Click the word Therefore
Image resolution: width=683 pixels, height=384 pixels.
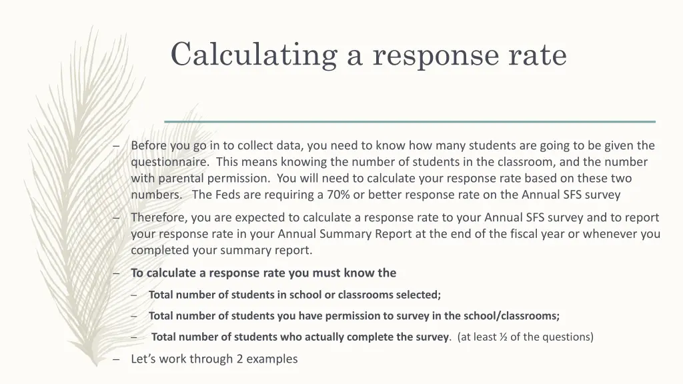click(158, 217)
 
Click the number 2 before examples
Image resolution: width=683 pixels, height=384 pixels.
click(239, 359)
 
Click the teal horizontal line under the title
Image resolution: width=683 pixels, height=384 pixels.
click(410, 121)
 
